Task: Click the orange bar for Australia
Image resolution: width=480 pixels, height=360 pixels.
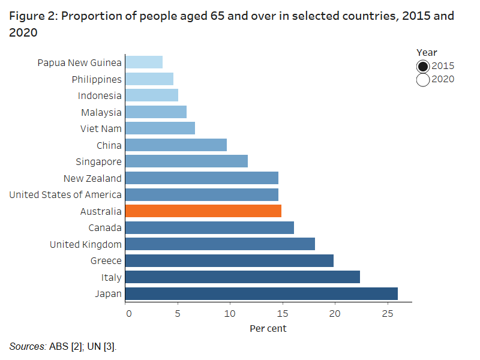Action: point(204,211)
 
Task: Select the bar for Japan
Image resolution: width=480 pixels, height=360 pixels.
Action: point(262,294)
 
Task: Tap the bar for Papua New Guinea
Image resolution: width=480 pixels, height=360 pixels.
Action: point(145,62)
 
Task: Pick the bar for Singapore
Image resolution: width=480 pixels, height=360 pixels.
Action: point(187,161)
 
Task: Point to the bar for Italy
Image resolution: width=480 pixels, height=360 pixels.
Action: point(243,277)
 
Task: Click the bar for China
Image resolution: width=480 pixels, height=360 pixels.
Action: point(176,145)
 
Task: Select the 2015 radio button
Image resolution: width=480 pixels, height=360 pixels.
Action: point(422,66)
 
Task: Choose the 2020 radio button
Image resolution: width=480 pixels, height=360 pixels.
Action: point(422,79)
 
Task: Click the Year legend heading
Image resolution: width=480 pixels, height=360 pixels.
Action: point(427,53)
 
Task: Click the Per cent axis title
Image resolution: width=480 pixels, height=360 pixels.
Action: point(268,329)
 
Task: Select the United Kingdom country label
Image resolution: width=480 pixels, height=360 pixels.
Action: point(86,244)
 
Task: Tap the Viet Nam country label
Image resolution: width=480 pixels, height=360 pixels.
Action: point(101,128)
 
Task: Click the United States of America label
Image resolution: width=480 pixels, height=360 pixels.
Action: point(65,194)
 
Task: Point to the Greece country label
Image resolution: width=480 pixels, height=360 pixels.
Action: point(106,261)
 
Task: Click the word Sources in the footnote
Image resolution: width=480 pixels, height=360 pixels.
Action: point(26,346)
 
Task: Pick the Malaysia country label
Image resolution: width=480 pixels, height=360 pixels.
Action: point(101,112)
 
